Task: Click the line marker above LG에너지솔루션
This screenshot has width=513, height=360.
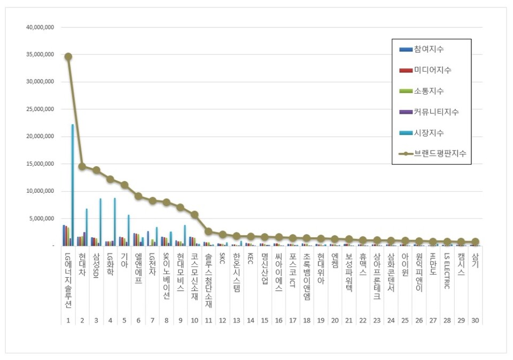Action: (68, 56)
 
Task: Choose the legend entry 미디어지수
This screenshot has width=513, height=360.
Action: (432, 71)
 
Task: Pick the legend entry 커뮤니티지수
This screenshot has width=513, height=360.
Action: (436, 112)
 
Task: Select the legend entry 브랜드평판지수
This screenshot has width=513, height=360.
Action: (440, 154)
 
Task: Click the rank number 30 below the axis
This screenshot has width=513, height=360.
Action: (475, 320)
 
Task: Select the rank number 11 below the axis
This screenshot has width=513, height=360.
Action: (208, 320)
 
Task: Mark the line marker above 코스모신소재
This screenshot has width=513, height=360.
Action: (195, 215)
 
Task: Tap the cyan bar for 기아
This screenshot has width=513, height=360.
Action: (128, 230)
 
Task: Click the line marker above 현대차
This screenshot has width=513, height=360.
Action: (82, 166)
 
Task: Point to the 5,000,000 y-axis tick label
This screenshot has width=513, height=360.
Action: (42, 218)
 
